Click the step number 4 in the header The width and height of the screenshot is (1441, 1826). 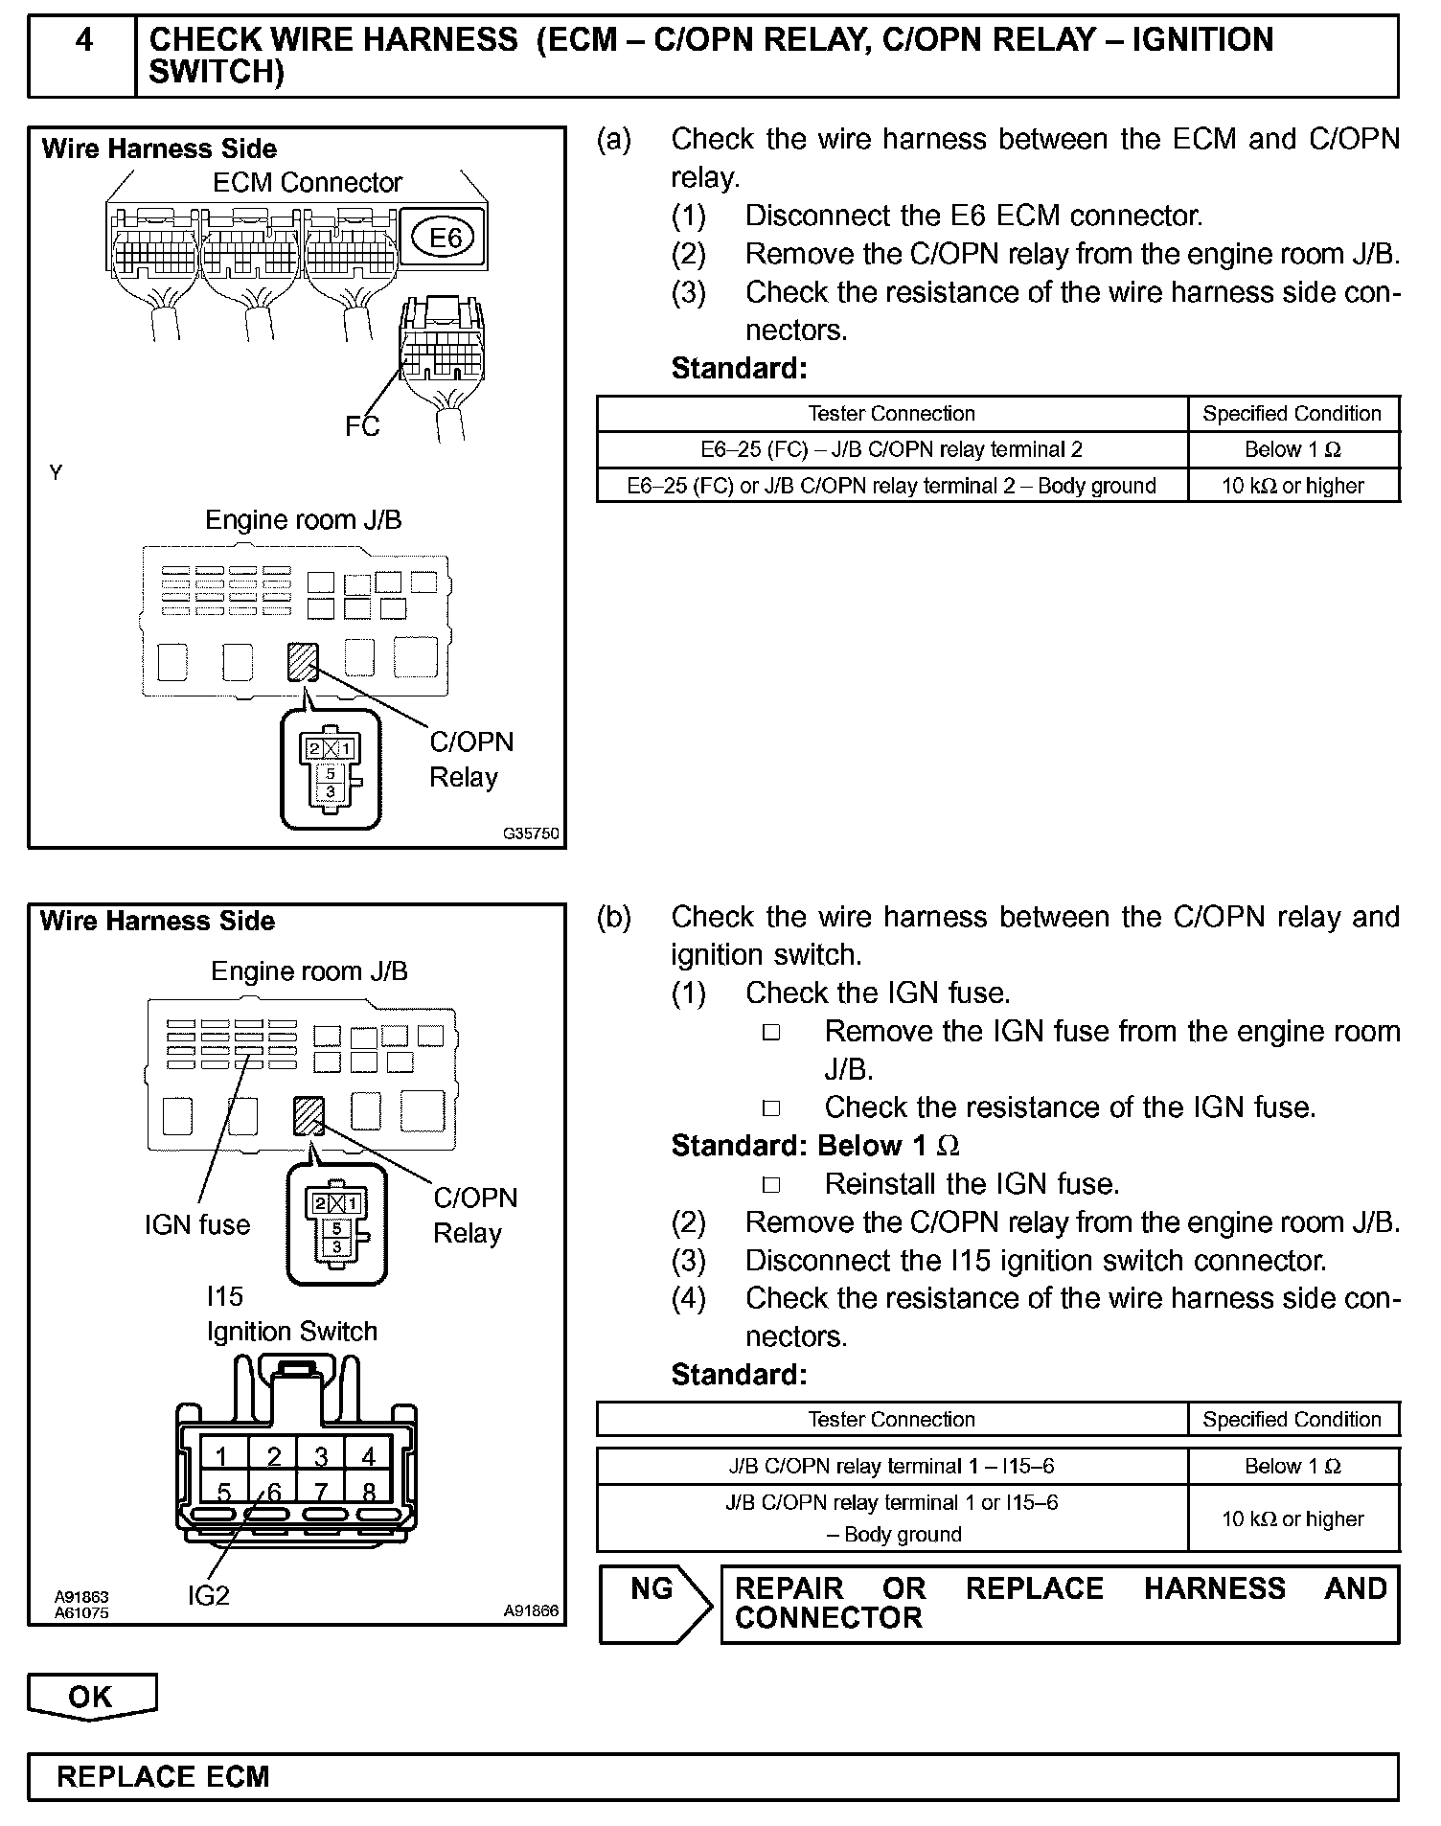tap(83, 40)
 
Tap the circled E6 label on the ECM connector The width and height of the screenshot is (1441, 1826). tap(445, 237)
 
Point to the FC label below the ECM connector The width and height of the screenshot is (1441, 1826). tap(362, 426)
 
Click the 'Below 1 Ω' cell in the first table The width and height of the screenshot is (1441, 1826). tap(1292, 449)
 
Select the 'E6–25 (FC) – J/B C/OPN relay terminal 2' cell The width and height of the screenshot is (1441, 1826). tap(891, 449)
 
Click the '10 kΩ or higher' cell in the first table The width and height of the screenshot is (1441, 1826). tap(1292, 486)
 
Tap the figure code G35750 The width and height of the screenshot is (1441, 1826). tap(531, 833)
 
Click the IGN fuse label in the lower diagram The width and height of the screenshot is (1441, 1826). tap(196, 1224)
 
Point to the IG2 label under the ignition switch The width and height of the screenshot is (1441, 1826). tap(209, 1595)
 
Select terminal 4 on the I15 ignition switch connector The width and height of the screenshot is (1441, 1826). tap(368, 1457)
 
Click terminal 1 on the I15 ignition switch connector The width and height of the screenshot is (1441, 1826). tap(222, 1457)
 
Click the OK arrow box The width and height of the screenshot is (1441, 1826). tap(91, 1697)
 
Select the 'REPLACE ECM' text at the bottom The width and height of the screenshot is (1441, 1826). tap(163, 1777)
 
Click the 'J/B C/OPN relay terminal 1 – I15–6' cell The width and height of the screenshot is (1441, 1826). tap(891, 1466)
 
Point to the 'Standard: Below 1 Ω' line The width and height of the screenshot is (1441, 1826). tap(815, 1146)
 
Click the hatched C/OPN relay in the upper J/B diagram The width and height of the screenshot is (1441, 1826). tap(303, 662)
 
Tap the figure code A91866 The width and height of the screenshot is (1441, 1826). tap(531, 1611)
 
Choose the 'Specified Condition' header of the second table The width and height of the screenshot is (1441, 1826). tap(1292, 1419)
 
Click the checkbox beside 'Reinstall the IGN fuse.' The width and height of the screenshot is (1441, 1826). tap(771, 1185)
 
